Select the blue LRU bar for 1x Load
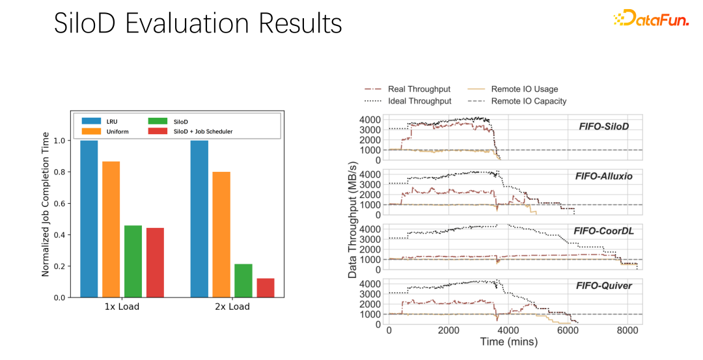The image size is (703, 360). (89, 219)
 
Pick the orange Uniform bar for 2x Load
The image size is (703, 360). (221, 234)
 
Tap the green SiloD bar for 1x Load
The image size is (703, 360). (133, 261)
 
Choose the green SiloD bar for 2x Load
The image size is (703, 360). (243, 281)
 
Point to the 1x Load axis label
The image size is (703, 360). (122, 307)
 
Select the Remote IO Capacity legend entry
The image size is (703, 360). (529, 101)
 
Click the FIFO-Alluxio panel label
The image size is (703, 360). (604, 176)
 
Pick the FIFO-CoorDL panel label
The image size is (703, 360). (603, 231)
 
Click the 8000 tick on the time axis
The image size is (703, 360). (626, 330)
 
